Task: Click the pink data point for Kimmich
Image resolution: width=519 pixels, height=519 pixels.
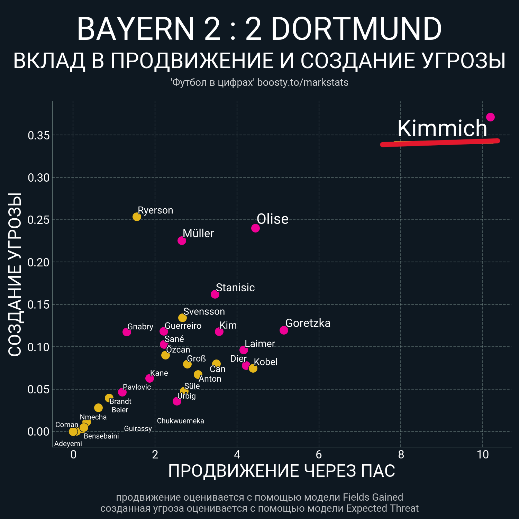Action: [490, 117]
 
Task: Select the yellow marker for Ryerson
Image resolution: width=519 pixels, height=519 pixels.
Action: [137, 217]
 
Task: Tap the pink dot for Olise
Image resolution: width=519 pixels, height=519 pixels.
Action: [255, 228]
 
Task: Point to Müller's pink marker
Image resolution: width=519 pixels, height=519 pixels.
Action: [182, 240]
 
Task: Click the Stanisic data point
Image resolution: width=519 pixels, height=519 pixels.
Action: [215, 294]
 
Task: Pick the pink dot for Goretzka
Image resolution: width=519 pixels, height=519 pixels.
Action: [284, 330]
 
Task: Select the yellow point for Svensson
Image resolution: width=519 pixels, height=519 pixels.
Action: [182, 318]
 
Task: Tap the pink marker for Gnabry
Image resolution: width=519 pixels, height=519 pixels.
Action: [127, 332]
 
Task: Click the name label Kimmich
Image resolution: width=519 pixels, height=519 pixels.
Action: [442, 128]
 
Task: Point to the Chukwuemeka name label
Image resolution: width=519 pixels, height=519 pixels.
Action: [180, 421]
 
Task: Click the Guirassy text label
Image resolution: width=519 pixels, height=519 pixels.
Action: [138, 429]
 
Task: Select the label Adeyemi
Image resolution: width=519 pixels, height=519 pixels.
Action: [68, 444]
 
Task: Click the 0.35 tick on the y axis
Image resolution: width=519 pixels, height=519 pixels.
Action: [38, 136]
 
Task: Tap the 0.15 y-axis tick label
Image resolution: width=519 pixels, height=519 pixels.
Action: [38, 305]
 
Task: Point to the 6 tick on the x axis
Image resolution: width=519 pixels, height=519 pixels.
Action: [319, 455]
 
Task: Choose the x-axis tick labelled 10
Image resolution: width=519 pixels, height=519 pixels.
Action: [483, 455]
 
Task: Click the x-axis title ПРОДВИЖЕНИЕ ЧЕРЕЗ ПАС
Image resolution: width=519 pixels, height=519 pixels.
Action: [281, 471]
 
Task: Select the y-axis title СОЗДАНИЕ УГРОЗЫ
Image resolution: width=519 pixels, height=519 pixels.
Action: [15, 274]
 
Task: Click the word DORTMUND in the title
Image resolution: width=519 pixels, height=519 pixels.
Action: [356, 29]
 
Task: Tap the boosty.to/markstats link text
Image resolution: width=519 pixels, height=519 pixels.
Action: [303, 83]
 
